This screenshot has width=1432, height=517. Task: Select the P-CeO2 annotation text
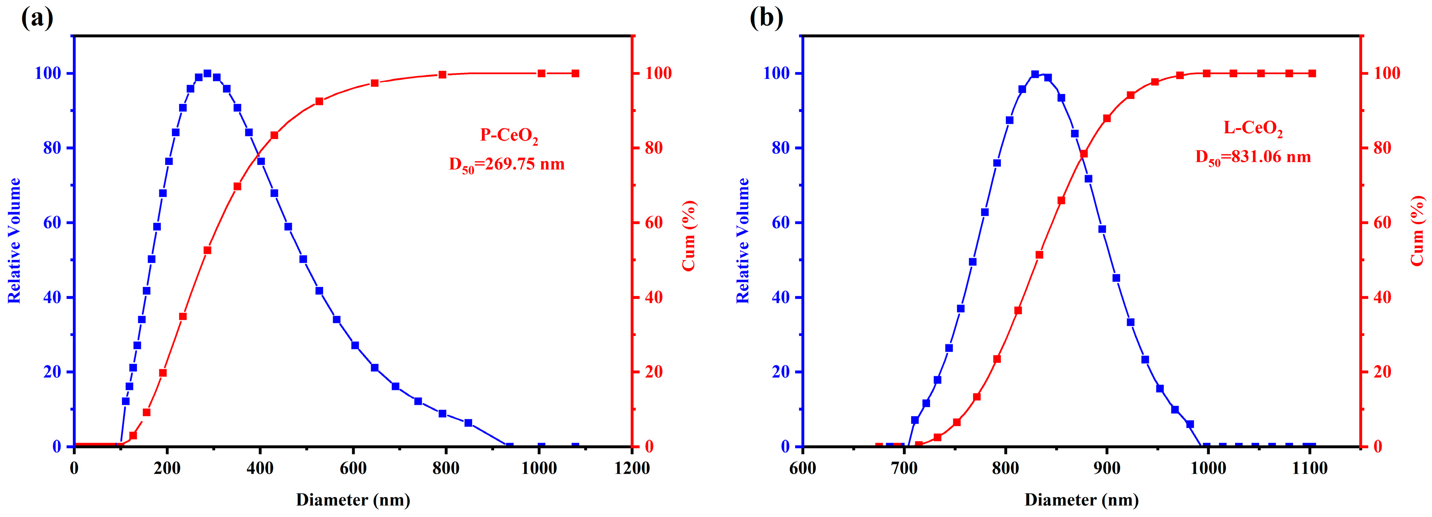pos(509,136)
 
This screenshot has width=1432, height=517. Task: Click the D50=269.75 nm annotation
pos(506,165)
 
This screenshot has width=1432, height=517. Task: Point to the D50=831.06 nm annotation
pos(1253,157)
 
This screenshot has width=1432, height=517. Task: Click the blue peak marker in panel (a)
pos(207,73)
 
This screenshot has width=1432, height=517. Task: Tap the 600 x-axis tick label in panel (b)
pos(803,468)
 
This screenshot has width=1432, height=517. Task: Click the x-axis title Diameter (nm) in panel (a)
pos(353,500)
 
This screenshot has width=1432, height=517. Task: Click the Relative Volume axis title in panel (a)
pos(14,241)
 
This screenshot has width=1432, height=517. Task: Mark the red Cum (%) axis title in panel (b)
pos(1418,231)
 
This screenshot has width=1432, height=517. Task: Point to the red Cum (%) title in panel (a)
pos(689,236)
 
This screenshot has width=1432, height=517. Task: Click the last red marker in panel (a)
pos(576,73)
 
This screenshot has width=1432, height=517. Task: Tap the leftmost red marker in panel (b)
pos(879,446)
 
